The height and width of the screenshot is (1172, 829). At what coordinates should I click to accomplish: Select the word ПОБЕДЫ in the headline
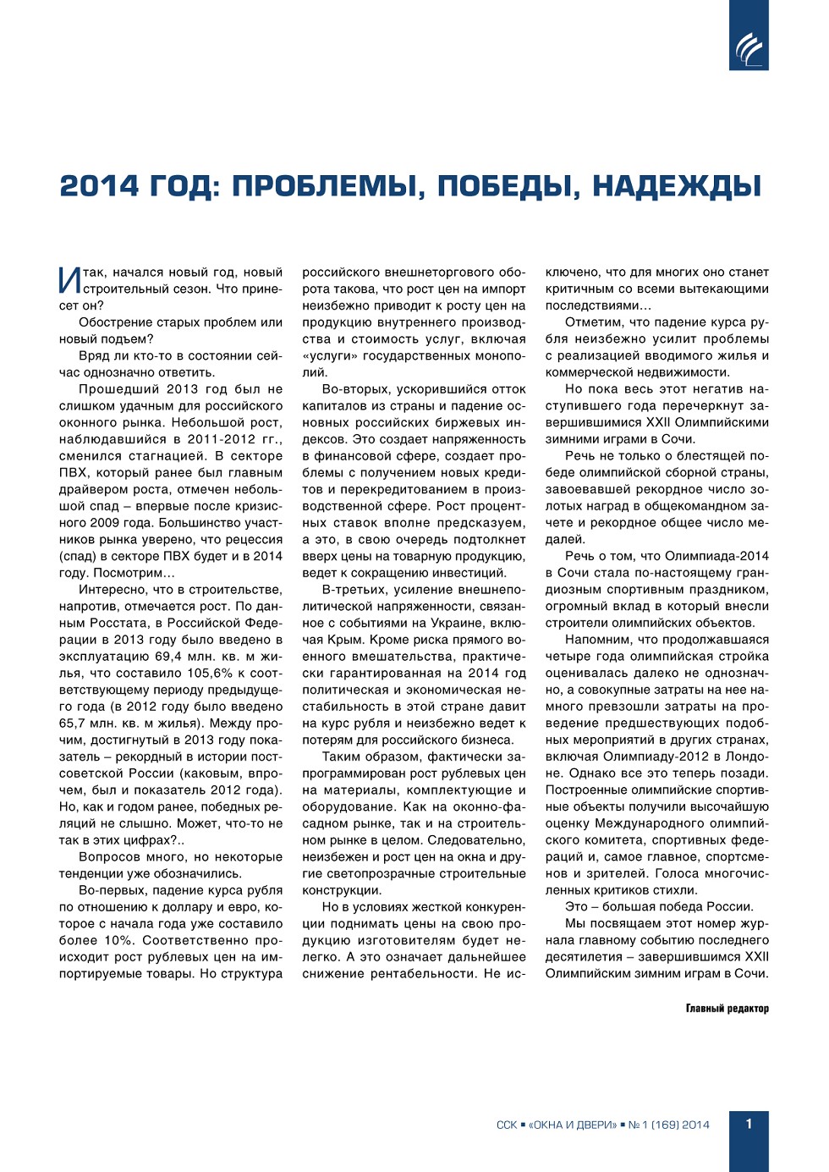508,186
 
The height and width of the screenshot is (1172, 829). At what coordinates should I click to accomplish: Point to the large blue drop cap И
69,281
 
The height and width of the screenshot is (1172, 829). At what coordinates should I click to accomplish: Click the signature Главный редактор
727,1008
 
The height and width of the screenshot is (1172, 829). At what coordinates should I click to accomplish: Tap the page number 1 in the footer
749,1124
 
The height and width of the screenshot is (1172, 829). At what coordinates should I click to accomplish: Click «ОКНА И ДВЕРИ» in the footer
573,1125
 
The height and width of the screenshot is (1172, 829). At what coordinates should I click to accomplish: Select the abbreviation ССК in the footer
507,1125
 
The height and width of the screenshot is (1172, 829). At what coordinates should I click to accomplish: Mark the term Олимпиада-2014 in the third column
716,556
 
